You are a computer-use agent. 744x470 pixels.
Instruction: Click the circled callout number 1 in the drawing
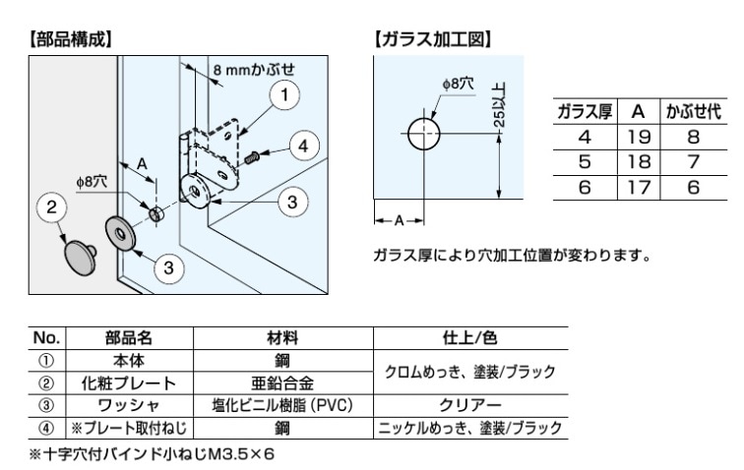[284, 95]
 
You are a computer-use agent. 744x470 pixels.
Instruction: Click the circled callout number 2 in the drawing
[50, 208]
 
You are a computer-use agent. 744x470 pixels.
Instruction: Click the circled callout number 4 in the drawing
[304, 147]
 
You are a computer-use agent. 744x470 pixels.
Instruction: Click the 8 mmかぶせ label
[253, 71]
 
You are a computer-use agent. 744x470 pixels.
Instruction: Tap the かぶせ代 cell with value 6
[695, 185]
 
